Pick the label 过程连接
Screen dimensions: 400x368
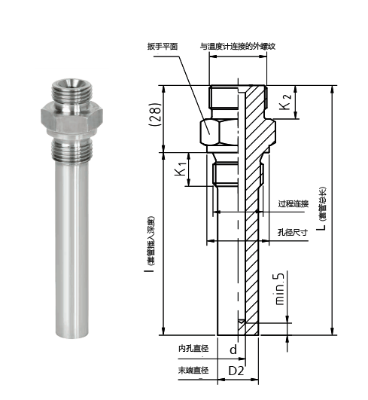pyautogui.click(x=293, y=203)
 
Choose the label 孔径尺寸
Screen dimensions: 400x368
pyautogui.click(x=293, y=232)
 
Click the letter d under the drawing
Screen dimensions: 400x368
pyautogui.click(x=233, y=350)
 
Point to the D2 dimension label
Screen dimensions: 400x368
pyautogui.click(x=236, y=372)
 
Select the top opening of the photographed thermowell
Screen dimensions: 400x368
pyautogui.click(x=75, y=81)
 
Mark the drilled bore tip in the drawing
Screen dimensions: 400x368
pyautogui.click(x=241, y=324)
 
